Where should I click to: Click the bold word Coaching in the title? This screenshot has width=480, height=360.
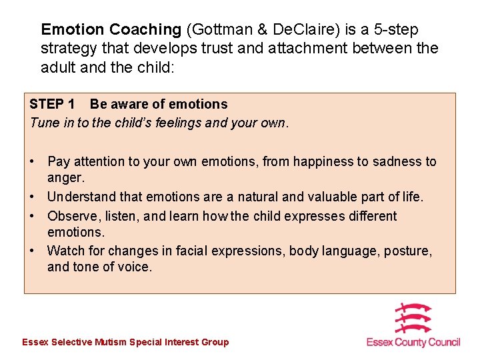coord(145,30)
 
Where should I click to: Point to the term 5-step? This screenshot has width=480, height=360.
coord(394,30)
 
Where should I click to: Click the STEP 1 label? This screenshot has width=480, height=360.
coord(52,104)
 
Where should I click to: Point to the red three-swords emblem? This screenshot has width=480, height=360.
coord(413,319)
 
